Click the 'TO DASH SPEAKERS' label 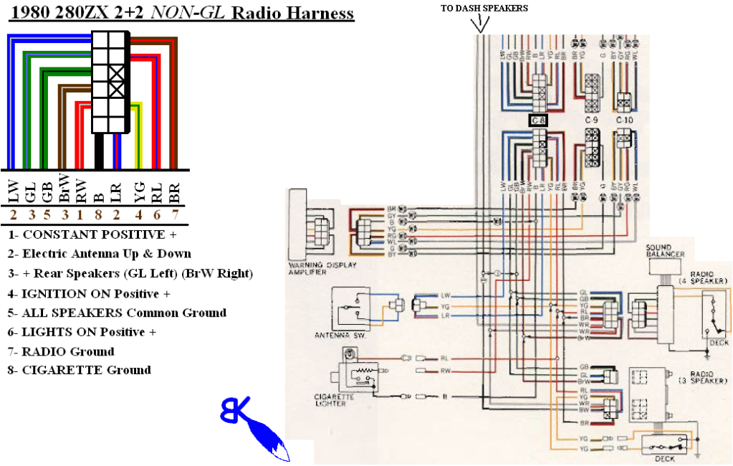pyautogui.click(x=485, y=8)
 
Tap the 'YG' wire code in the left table pyautogui.click(x=139, y=191)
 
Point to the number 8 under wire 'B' pyautogui.click(x=100, y=214)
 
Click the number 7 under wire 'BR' pyautogui.click(x=174, y=214)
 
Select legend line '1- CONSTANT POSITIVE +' pyautogui.click(x=92, y=234)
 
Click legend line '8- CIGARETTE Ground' pyautogui.click(x=80, y=371)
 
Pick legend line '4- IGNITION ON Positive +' pyautogui.click(x=90, y=293)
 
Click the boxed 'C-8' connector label pyautogui.click(x=539, y=120)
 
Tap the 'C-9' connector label pyautogui.click(x=591, y=120)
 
